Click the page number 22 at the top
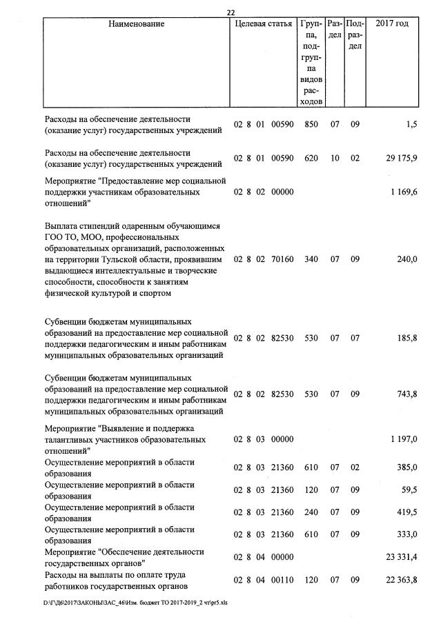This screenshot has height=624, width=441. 231,12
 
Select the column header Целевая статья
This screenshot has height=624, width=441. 263,24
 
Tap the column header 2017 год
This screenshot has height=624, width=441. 392,24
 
